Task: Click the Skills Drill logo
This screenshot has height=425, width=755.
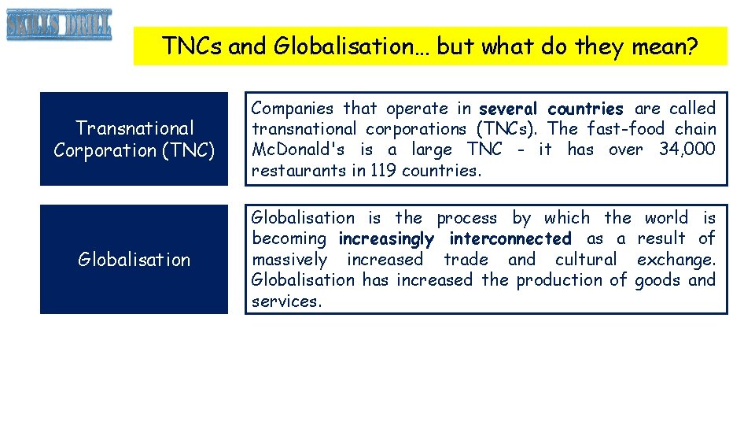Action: click(59, 25)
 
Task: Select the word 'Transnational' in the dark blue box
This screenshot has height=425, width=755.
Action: click(134, 128)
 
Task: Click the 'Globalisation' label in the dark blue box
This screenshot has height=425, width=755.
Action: click(134, 260)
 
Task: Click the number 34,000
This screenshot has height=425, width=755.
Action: click(687, 150)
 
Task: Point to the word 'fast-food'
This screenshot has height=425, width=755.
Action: click(627, 129)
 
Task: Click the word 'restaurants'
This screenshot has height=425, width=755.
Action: click(297, 170)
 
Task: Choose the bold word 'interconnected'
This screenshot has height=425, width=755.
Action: click(510, 238)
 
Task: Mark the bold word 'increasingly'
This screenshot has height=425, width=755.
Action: click(386, 238)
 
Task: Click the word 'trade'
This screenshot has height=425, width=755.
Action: click(466, 259)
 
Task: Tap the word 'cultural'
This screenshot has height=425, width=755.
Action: click(586, 259)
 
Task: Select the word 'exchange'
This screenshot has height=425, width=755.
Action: click(675, 259)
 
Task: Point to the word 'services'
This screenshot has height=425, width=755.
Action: click(285, 301)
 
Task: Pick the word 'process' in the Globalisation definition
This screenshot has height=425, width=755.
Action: click(467, 218)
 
